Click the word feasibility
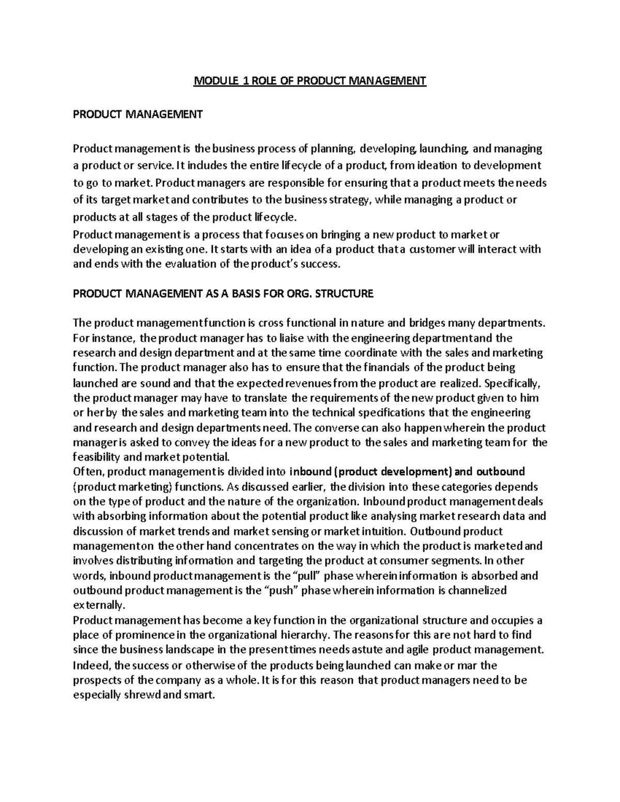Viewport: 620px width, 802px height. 97,457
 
